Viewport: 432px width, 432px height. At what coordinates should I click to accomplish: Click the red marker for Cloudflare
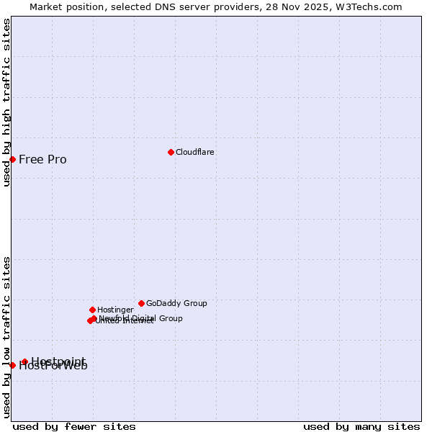pos(171,152)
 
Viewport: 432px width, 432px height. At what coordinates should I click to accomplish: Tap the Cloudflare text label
pos(195,152)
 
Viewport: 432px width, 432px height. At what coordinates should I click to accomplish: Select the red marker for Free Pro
pos(12,159)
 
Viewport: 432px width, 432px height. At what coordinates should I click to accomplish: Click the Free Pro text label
pos(42,160)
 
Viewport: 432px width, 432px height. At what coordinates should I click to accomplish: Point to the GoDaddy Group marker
pos(141,303)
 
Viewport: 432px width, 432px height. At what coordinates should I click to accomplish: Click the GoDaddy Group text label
pos(176,303)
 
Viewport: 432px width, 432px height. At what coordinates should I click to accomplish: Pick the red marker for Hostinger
pos(92,310)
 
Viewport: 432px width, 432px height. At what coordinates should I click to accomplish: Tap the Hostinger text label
pos(115,310)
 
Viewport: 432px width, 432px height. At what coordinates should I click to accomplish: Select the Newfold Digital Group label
pos(141,318)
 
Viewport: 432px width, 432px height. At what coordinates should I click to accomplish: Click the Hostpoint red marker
pos(24,361)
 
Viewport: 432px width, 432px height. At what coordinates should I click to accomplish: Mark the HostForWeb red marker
pos(12,365)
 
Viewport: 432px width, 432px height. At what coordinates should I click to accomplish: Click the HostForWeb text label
pos(53,366)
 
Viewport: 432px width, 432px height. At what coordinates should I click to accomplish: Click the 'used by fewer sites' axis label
pos(74,426)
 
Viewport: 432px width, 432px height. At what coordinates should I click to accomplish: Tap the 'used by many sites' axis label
pos(361,426)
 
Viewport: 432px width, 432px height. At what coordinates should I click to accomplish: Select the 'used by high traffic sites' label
pos(6,102)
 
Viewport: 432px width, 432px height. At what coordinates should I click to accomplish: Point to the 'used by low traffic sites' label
pos(6,337)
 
